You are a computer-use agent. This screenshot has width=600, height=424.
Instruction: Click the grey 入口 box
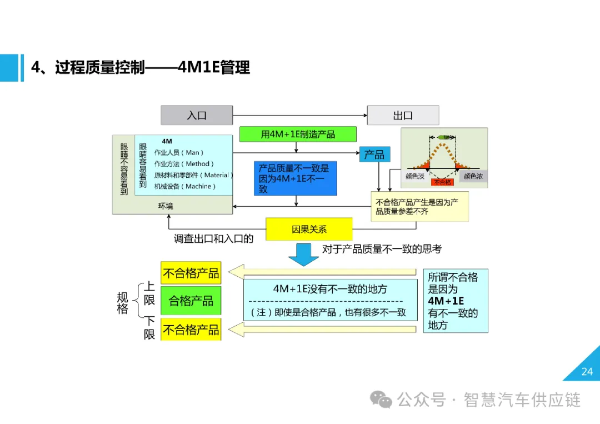pyautogui.click(x=197, y=116)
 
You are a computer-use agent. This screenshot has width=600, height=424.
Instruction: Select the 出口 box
pyautogui.click(x=403, y=116)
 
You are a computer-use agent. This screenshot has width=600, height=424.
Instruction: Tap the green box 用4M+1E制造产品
pyautogui.click(x=298, y=134)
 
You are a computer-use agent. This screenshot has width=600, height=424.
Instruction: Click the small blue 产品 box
pyautogui.click(x=374, y=154)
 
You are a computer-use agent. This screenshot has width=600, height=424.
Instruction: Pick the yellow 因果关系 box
pyautogui.click(x=309, y=229)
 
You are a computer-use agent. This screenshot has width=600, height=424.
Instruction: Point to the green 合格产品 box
pyautogui.click(x=191, y=301)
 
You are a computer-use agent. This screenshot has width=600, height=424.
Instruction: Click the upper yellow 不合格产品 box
pyautogui.click(x=191, y=273)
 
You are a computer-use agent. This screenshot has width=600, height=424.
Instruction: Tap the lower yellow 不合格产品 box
pyautogui.click(x=191, y=330)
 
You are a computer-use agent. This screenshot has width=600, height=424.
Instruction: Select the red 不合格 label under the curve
pyautogui.click(x=442, y=182)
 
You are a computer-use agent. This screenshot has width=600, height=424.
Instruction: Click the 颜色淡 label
pyautogui.click(x=415, y=176)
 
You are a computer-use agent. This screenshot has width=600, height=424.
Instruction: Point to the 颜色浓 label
pyautogui.click(x=473, y=176)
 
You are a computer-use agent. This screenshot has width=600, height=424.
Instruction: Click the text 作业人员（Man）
pyautogui.click(x=179, y=153)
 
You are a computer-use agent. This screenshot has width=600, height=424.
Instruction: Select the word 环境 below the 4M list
pyautogui.click(x=166, y=206)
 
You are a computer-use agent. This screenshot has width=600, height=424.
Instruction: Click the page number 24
pyautogui.click(x=587, y=372)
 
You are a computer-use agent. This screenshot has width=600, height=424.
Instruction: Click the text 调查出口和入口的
pyautogui.click(x=213, y=239)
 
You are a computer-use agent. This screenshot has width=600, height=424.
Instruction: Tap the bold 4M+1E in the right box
pyautogui.click(x=446, y=301)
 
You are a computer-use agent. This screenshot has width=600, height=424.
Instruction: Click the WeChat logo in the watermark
pyautogui.click(x=381, y=400)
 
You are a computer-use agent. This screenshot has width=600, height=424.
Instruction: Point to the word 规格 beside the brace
pyautogui.click(x=122, y=303)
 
